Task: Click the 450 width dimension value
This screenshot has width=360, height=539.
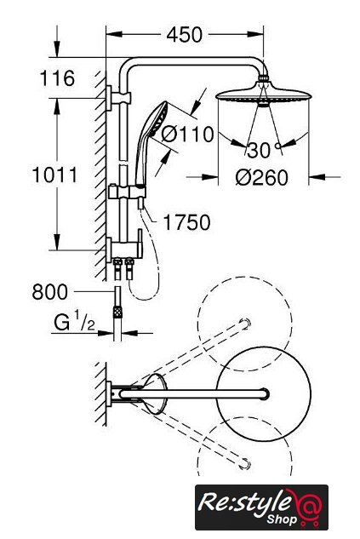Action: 185,35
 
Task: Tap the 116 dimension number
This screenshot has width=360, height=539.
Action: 57,78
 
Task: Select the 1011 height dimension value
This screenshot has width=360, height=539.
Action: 54,175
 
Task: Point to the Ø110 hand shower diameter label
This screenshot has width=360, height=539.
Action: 187,134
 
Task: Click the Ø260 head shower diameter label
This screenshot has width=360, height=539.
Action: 262,178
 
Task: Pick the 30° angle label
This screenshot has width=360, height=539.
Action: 264,150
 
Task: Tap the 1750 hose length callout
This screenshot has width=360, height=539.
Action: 186,222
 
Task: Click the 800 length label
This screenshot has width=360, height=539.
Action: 50,292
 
